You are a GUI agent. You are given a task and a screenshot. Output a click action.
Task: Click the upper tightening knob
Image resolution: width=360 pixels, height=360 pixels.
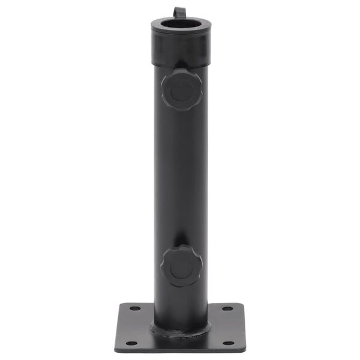click(x=181, y=90)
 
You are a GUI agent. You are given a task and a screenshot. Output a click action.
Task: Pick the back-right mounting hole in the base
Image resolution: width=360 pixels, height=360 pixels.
click(x=227, y=310)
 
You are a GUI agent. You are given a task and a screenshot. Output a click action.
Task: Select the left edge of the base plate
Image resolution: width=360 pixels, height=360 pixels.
click(x=118, y=327)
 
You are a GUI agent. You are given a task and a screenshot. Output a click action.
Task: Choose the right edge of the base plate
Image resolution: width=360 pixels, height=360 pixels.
click(x=242, y=327)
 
